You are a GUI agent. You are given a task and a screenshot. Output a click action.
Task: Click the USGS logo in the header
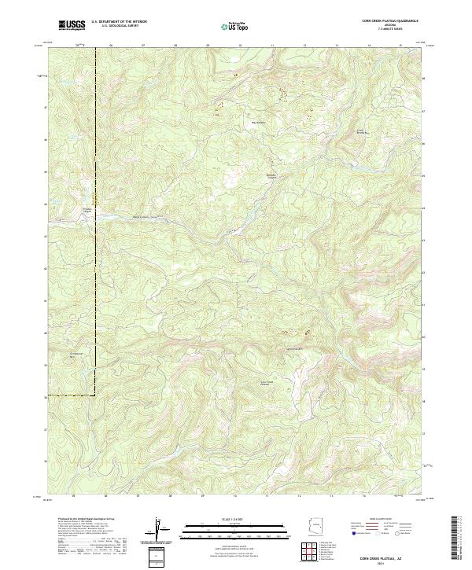[72, 26]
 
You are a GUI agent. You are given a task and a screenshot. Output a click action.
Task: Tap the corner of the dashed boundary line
[96, 392]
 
